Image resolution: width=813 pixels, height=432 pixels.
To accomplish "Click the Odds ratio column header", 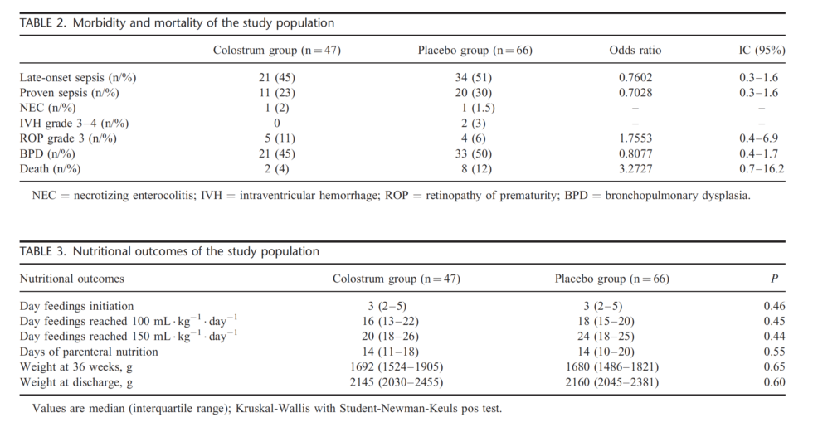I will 635,51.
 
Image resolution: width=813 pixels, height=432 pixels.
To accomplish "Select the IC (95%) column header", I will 762,51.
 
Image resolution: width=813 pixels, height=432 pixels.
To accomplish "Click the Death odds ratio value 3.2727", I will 635,169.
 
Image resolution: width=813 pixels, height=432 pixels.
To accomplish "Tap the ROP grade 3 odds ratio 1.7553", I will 635,138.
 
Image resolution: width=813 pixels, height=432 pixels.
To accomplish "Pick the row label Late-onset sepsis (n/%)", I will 78,78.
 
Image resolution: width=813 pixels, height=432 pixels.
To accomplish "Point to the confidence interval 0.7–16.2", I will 762,169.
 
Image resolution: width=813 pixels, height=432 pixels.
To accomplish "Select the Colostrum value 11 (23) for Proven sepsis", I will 276,93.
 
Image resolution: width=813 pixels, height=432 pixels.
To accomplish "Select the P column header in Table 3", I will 774,279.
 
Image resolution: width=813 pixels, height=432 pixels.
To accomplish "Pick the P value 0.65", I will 774,366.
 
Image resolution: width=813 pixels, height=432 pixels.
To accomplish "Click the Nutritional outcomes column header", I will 72,279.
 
